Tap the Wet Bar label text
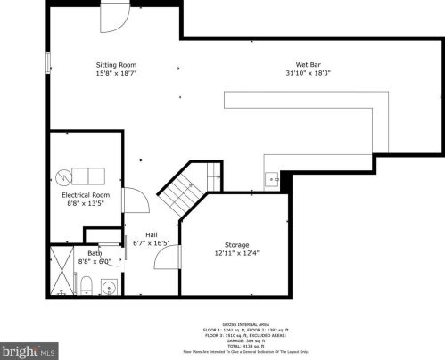(309, 65)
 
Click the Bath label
(95, 254)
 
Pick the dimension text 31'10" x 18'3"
(309, 73)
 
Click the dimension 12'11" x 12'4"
(236, 252)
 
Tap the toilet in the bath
(86, 284)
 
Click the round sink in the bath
(109, 287)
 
